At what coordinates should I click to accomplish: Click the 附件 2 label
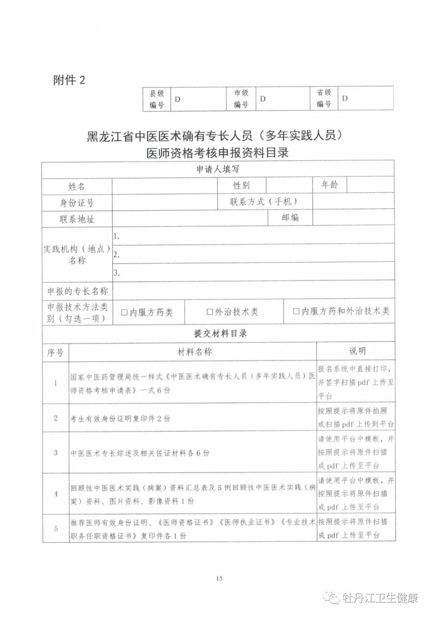[69, 80]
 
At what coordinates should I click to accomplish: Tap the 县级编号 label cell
[157, 99]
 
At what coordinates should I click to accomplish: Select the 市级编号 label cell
[241, 99]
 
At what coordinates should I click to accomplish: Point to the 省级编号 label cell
[324, 98]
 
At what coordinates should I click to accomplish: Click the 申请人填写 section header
[218, 169]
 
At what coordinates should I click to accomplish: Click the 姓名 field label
[76, 186]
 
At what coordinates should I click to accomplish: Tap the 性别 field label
[242, 185]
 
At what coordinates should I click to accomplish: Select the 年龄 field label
[330, 185]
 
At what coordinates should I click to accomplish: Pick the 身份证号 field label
[76, 203]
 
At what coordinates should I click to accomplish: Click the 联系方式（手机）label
[264, 202]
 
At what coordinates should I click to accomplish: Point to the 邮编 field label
[290, 218]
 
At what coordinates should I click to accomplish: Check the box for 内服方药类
[124, 312]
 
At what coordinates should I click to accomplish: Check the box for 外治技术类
[210, 312]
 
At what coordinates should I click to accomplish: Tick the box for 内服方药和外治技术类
[296, 311]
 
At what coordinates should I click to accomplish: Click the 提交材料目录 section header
[220, 333]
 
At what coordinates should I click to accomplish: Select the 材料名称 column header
[194, 352]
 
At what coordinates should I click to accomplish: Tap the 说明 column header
[357, 351]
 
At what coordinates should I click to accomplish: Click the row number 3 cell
[56, 453]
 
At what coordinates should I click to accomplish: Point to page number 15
[219, 578]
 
